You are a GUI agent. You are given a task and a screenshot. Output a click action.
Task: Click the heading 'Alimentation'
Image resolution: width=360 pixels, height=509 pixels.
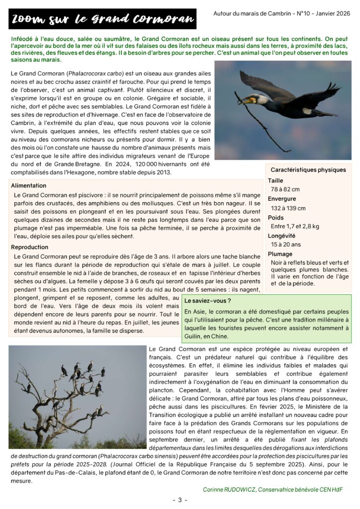(x=29, y=185)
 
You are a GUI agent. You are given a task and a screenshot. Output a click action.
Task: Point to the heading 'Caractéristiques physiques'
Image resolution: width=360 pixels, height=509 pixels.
(x=309, y=170)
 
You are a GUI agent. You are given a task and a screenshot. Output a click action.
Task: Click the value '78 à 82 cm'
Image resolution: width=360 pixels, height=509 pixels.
(x=285, y=189)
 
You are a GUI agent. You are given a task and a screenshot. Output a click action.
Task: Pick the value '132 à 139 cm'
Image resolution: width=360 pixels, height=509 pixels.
(x=288, y=208)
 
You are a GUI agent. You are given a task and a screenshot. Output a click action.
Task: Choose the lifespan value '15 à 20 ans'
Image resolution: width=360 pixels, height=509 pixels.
(x=286, y=245)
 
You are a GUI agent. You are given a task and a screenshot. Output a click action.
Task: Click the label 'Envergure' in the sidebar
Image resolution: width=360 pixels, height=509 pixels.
(x=282, y=199)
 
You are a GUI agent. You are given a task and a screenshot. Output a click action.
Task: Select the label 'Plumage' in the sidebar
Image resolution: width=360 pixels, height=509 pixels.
(x=280, y=254)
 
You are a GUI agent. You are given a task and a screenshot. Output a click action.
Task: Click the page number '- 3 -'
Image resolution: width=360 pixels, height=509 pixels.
(x=180, y=500)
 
